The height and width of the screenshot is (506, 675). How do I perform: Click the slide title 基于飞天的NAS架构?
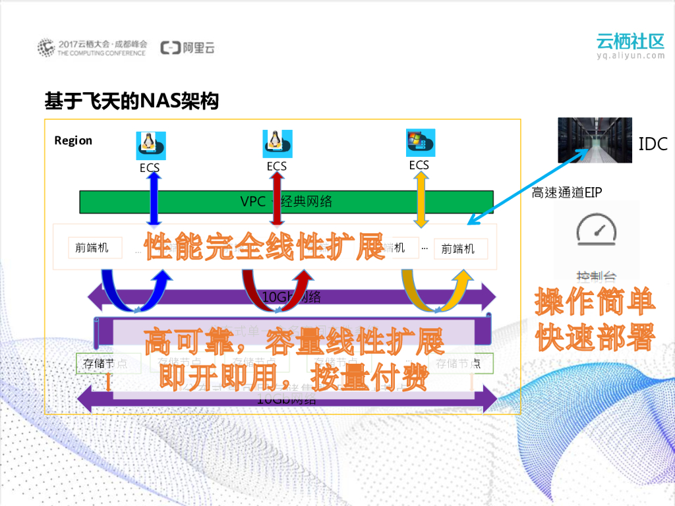[131, 101]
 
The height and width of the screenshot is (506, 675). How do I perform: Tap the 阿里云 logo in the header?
[189, 47]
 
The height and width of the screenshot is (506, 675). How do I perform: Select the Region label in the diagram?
[73, 140]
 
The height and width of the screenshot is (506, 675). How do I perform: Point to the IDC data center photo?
[595, 140]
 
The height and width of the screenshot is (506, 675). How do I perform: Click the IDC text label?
[653, 144]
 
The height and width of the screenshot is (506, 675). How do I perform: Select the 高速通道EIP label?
[567, 192]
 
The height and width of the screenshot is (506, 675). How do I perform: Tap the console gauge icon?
[596, 231]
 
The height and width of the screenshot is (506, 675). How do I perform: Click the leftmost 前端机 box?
[96, 248]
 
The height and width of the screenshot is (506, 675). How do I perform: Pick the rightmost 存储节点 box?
[464, 363]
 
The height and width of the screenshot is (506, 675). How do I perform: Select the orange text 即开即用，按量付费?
[294, 376]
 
